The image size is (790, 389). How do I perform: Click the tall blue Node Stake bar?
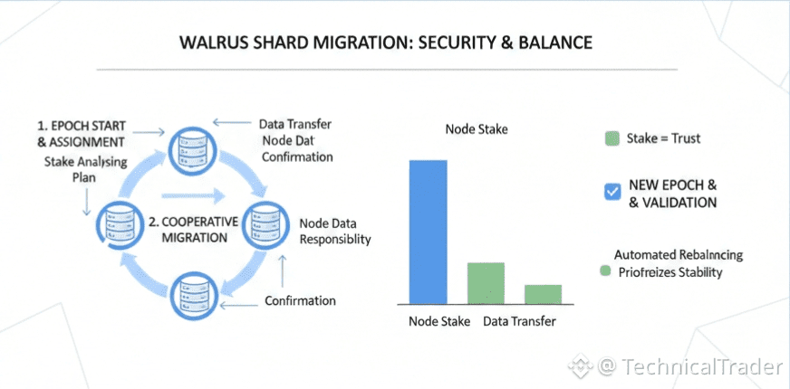pos(428,232)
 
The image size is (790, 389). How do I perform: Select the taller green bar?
pos(485,282)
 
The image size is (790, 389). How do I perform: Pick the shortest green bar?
pos(543,293)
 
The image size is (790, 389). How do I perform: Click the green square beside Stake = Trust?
pos(612,138)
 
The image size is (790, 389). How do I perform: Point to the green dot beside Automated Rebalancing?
pos(604,271)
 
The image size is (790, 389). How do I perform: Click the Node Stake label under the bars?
pos(438,320)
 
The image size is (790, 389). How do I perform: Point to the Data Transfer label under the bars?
pos(519,320)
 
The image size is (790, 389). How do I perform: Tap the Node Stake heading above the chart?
pos(477,129)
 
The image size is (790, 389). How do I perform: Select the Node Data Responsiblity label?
pos(334,232)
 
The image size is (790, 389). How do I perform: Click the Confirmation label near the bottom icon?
pos(300,300)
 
